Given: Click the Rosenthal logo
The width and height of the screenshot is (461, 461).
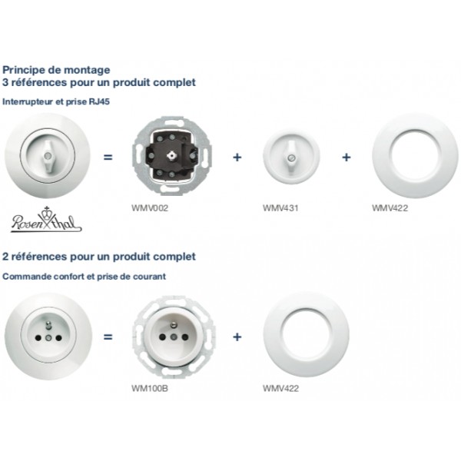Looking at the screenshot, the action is click(46, 220).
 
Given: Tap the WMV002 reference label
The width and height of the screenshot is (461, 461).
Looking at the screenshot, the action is click(150, 208).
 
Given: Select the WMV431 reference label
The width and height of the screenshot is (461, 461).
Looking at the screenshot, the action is click(280, 208).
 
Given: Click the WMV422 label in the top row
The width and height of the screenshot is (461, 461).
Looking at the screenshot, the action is click(390, 208).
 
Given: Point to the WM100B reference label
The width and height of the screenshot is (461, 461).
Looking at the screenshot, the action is click(150, 388).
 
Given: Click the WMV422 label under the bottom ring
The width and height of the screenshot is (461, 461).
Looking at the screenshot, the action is click(280, 388).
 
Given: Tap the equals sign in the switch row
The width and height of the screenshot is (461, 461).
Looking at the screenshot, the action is click(108, 158).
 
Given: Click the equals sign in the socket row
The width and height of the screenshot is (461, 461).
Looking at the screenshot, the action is click(108, 337).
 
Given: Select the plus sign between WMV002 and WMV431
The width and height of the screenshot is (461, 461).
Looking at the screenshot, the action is click(237, 158).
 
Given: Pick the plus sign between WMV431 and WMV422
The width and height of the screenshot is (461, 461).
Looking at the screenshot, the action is click(347, 158).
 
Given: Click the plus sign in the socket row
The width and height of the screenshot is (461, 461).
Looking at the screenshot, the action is click(237, 337).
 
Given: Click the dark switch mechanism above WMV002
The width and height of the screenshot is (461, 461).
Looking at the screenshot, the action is click(172, 156).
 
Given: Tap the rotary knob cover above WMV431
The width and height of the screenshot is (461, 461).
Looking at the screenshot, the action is click(291, 157).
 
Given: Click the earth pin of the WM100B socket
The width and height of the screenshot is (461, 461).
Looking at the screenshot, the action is click(174, 327).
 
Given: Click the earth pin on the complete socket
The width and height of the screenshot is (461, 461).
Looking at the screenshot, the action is click(48, 327).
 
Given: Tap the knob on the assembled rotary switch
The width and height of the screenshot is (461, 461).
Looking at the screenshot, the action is click(47, 155).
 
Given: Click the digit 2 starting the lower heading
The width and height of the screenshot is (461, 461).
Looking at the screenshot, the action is click(5, 257).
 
